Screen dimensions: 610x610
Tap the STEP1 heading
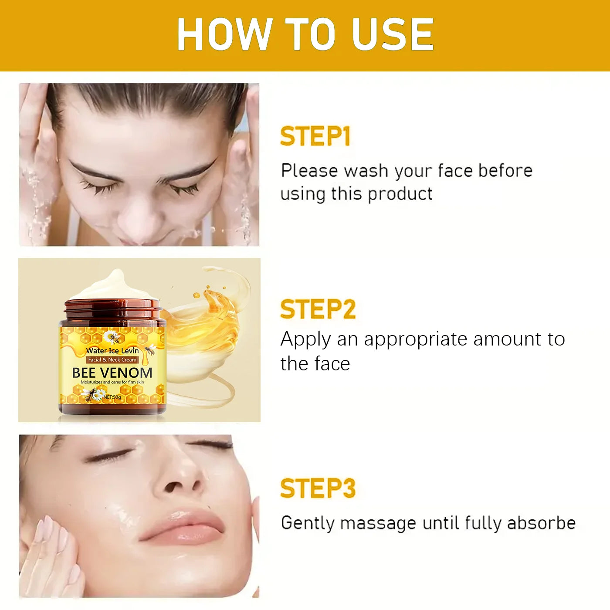(315, 136)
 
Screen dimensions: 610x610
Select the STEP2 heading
(318, 309)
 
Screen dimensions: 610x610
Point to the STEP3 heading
(318, 488)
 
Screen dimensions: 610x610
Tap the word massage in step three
(378, 523)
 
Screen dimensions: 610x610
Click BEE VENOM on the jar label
(112, 373)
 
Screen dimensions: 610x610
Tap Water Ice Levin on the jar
(112, 351)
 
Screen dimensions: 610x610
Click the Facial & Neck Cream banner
(112, 360)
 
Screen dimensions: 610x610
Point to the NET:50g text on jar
(112, 397)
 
